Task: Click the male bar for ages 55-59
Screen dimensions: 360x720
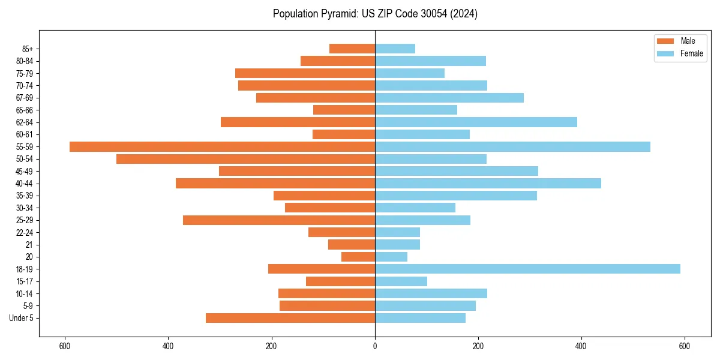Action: (x=222, y=146)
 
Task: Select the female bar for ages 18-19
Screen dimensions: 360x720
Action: (x=527, y=269)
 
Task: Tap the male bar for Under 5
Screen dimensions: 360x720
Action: (x=290, y=318)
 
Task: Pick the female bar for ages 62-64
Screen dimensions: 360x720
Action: (x=476, y=122)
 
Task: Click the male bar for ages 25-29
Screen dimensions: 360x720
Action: (x=279, y=220)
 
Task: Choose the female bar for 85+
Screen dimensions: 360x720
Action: (x=395, y=49)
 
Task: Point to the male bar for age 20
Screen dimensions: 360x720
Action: (x=358, y=257)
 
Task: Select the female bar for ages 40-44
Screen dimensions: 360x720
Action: (x=488, y=183)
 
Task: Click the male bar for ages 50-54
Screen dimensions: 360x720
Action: (x=245, y=159)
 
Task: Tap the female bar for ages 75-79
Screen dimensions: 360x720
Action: (x=410, y=73)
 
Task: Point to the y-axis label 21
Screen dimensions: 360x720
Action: (x=29, y=245)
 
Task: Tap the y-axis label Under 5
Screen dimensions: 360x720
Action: (x=22, y=318)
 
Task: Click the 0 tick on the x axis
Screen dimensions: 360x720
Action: (x=375, y=346)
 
